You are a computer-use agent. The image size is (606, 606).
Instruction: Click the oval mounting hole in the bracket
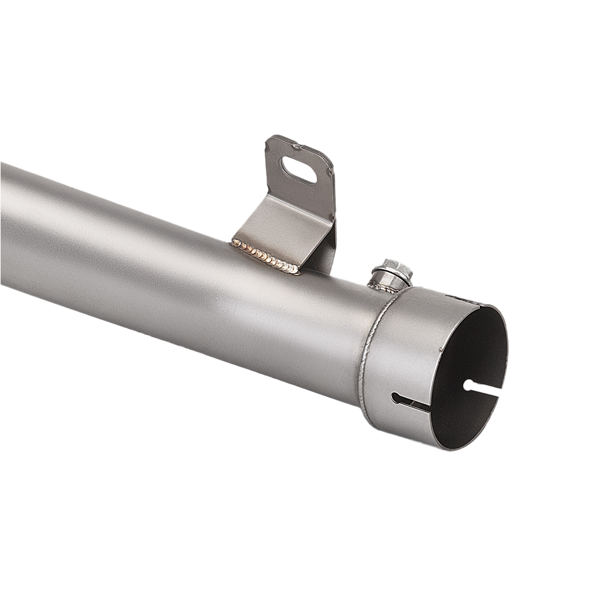pos(299,170)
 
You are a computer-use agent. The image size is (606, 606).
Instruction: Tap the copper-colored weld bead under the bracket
pos(265,256)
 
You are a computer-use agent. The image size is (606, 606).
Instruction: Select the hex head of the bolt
pos(393,268)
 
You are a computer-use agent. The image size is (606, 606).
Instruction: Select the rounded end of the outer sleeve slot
pos(395,398)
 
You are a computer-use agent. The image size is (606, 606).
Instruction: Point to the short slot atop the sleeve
pos(461,299)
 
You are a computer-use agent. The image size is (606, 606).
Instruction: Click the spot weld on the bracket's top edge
pos(295,145)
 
